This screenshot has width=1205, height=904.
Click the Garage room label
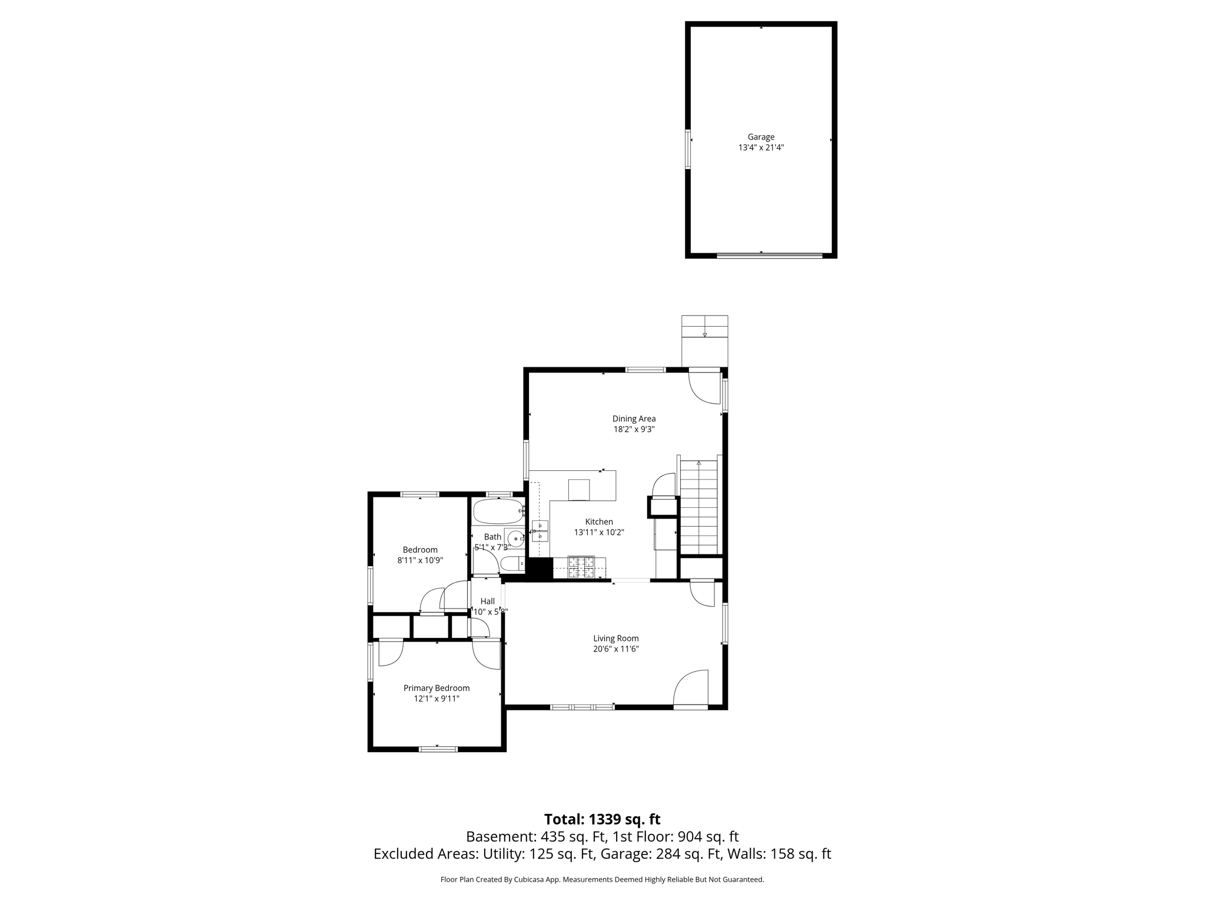click(x=761, y=137)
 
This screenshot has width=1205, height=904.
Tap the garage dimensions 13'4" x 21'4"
click(x=761, y=148)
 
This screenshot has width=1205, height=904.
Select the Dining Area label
click(x=634, y=418)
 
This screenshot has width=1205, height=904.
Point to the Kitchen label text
click(x=599, y=521)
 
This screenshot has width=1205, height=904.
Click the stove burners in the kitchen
click(x=581, y=567)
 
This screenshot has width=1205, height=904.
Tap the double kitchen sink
click(x=540, y=531)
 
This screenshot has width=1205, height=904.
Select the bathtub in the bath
click(x=498, y=511)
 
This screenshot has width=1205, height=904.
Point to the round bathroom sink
click(x=515, y=538)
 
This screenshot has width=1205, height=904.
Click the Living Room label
click(x=615, y=638)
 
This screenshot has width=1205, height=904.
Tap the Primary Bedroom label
click(x=436, y=688)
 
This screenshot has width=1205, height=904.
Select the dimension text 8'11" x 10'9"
click(x=420, y=560)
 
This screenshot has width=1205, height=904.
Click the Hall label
click(x=487, y=601)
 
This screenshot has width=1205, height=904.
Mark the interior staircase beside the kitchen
click(x=699, y=507)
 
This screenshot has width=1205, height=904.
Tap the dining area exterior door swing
click(x=704, y=388)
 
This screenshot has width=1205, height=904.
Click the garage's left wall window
click(x=687, y=149)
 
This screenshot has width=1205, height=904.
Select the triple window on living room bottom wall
click(x=582, y=707)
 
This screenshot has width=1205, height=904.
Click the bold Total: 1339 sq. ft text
click(x=602, y=819)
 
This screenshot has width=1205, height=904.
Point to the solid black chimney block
click(x=539, y=569)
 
